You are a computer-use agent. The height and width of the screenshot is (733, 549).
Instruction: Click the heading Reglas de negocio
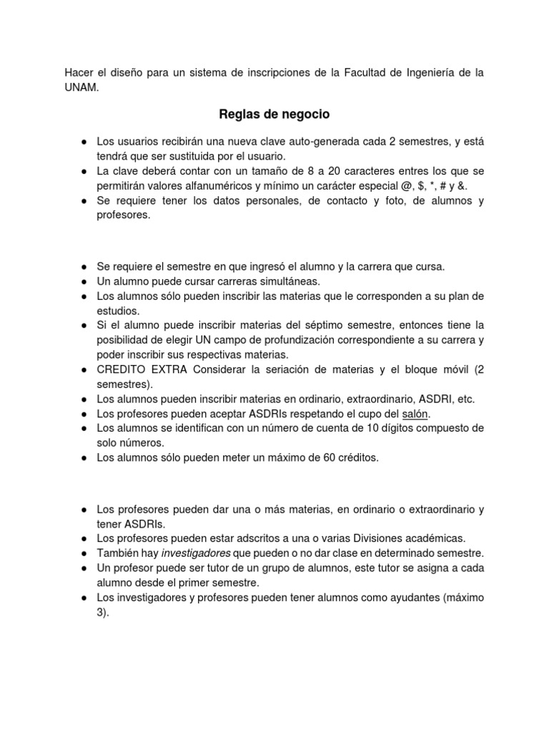point(274,115)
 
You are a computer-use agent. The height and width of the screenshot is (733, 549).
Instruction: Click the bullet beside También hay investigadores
point(84,553)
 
